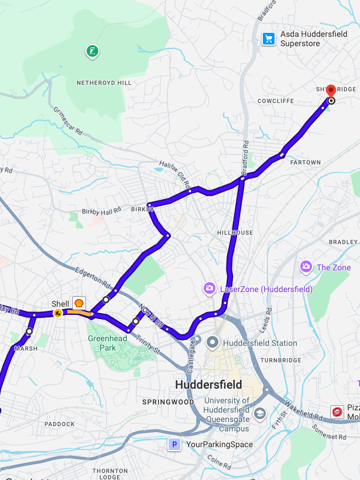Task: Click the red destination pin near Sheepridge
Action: [331, 91]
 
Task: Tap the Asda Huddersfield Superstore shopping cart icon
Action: [268, 39]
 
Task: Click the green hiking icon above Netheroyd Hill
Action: [92, 52]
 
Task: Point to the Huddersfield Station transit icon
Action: [212, 342]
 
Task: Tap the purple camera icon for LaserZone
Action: [209, 288]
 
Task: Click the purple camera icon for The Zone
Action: [306, 267]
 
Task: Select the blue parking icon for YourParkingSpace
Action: [174, 444]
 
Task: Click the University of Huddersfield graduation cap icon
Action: [259, 414]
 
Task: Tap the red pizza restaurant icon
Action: [337, 412]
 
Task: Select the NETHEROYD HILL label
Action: [104, 83]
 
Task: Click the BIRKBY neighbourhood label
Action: [142, 209]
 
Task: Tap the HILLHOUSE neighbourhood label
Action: [235, 232]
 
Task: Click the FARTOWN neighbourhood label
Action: [306, 162]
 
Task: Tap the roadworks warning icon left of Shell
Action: [57, 313]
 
